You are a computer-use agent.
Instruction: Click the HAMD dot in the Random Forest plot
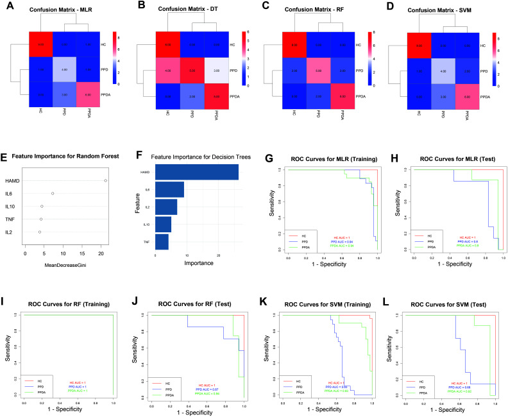click(105, 181)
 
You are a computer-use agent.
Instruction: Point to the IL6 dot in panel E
click(53, 193)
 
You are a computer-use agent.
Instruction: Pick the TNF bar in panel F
click(162, 242)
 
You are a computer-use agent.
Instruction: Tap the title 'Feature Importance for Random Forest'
click(67, 157)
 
